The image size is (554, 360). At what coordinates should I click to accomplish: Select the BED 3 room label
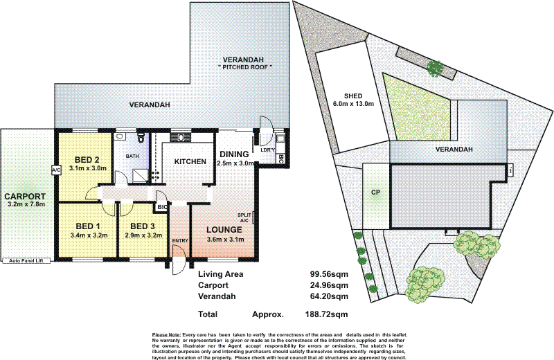tap(142, 226)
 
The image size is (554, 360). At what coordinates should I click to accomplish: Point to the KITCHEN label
tap(190, 161)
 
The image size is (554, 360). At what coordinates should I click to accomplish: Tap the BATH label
tap(132, 156)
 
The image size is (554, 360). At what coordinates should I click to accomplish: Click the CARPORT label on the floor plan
tap(24, 195)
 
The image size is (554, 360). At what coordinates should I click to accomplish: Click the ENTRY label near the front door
tap(180, 240)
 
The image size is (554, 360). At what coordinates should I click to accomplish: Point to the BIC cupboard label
tap(162, 206)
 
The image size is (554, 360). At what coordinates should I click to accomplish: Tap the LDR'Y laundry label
tap(267, 150)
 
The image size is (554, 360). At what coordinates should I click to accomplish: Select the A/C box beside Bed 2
tap(55, 170)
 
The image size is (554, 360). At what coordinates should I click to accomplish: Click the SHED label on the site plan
tap(354, 96)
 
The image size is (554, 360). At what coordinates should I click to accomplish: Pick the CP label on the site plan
tap(376, 192)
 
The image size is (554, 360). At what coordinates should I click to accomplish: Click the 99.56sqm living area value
tap(328, 274)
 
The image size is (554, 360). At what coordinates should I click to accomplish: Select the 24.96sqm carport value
tap(328, 285)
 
